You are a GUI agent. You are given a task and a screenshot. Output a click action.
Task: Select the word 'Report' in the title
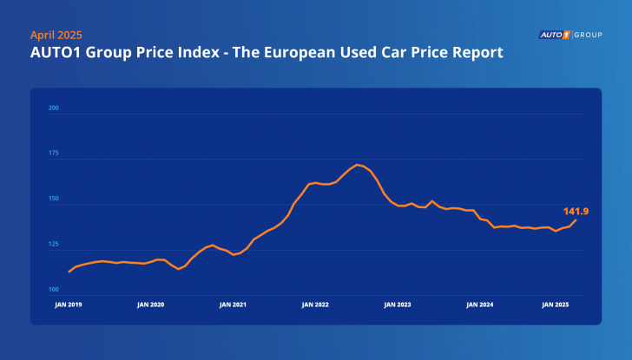(x=477, y=54)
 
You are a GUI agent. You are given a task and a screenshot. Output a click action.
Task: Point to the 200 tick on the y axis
(x=53, y=108)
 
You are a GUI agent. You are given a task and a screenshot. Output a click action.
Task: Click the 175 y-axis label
(x=53, y=154)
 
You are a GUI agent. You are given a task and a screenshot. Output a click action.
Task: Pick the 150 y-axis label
(x=53, y=199)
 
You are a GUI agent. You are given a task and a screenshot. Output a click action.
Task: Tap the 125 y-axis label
(x=53, y=244)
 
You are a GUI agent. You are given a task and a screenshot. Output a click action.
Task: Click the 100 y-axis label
(x=53, y=289)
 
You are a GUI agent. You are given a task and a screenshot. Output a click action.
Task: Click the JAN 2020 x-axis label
(x=150, y=305)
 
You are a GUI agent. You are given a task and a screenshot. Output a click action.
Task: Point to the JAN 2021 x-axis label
(x=233, y=305)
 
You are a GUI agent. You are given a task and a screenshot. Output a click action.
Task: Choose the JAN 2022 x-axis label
(x=315, y=305)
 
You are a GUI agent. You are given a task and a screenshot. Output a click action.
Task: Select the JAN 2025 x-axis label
(x=556, y=305)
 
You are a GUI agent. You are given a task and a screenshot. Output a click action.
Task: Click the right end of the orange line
(x=576, y=219)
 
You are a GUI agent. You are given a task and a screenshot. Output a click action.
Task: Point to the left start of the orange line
(x=69, y=272)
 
